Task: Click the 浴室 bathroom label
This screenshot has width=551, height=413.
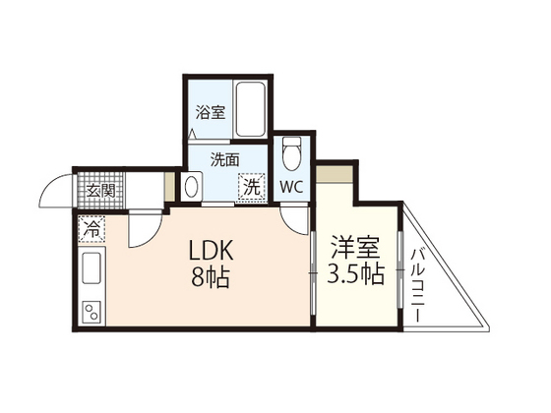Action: pyautogui.click(x=211, y=112)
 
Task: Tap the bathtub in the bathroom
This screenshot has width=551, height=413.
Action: pyautogui.click(x=250, y=109)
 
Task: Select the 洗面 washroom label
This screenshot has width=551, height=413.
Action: pyautogui.click(x=225, y=159)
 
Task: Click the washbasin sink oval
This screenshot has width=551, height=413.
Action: pyautogui.click(x=191, y=187)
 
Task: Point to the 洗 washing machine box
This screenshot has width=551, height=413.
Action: pyautogui.click(x=252, y=188)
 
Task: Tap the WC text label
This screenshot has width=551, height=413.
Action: pyautogui.click(x=291, y=188)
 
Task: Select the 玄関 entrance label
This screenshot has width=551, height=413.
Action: pyautogui.click(x=100, y=191)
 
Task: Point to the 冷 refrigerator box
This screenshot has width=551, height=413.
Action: pyautogui.click(x=92, y=228)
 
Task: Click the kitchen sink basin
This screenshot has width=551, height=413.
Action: pyautogui.click(x=92, y=267)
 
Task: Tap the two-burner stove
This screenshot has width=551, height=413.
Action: pyautogui.click(x=92, y=313)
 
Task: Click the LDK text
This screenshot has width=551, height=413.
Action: pyautogui.click(x=211, y=251)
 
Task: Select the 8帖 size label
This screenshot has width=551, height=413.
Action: pyautogui.click(x=211, y=277)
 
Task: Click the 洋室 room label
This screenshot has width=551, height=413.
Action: pyautogui.click(x=355, y=248)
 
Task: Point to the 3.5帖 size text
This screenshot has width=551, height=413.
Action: pyautogui.click(x=355, y=273)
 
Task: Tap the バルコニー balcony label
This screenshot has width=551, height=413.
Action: pyautogui.click(x=418, y=285)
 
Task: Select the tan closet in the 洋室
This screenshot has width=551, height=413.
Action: pyautogui.click(x=335, y=174)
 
